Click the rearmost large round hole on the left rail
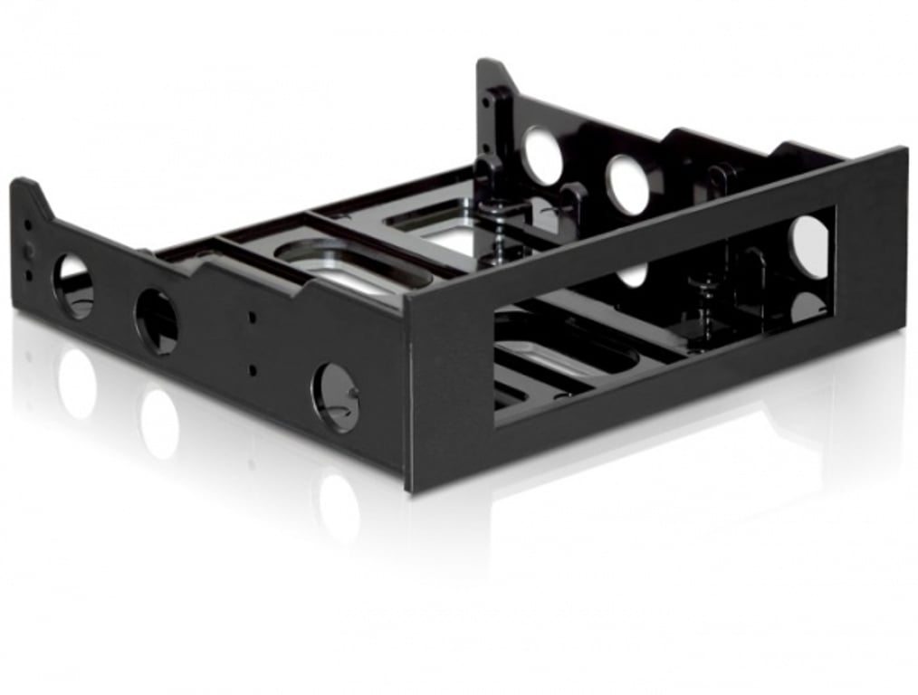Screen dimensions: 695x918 coord(73,285)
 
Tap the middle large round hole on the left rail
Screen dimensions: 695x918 coord(157,322)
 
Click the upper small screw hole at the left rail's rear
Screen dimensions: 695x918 coord(28,225)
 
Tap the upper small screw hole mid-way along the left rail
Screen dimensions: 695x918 coord(253,318)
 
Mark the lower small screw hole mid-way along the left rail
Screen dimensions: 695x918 coord(253,370)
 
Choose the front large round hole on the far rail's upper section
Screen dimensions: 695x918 coord(627,185)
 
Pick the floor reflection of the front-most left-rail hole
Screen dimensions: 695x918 coord(339,507)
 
